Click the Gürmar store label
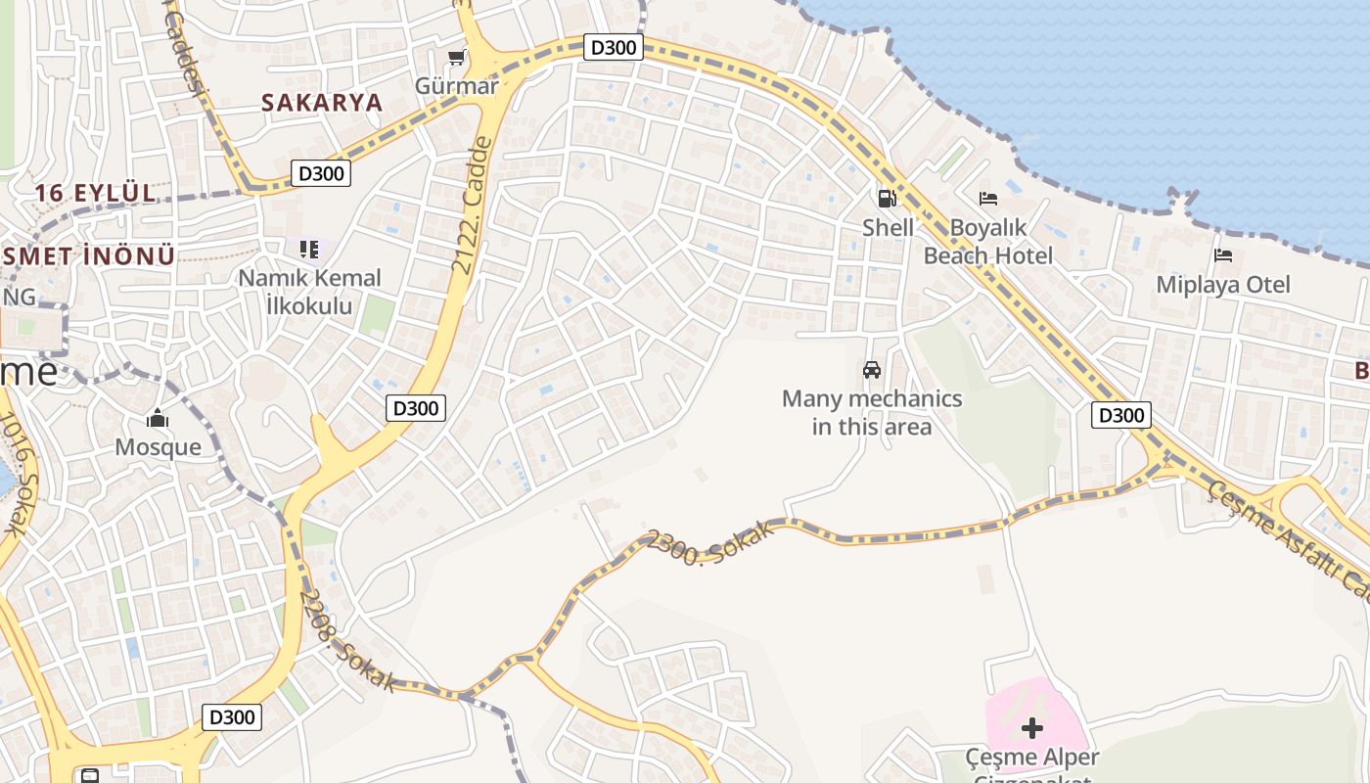pyautogui.click(x=457, y=85)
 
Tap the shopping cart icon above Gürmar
pyautogui.click(x=456, y=58)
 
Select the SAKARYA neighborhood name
pyautogui.click(x=321, y=103)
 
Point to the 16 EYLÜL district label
pyautogui.click(x=96, y=193)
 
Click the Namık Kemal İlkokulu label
pyautogui.click(x=309, y=292)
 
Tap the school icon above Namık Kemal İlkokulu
pyautogui.click(x=309, y=250)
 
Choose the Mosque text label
pyautogui.click(x=159, y=447)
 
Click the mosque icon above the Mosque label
pyautogui.click(x=158, y=419)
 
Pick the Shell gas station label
pyautogui.click(x=888, y=227)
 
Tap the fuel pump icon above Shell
pyautogui.click(x=887, y=199)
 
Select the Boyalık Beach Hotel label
pyautogui.click(x=988, y=242)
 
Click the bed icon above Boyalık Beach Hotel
pyautogui.click(x=988, y=199)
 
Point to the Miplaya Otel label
pyautogui.click(x=1223, y=285)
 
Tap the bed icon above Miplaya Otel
pyautogui.click(x=1223, y=256)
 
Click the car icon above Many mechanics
pyautogui.click(x=872, y=370)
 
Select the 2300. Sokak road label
pyautogui.click(x=710, y=544)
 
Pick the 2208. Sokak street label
pyautogui.click(x=346, y=640)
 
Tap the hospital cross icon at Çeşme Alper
pyautogui.click(x=1032, y=728)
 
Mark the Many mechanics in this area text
pyautogui.click(x=872, y=412)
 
